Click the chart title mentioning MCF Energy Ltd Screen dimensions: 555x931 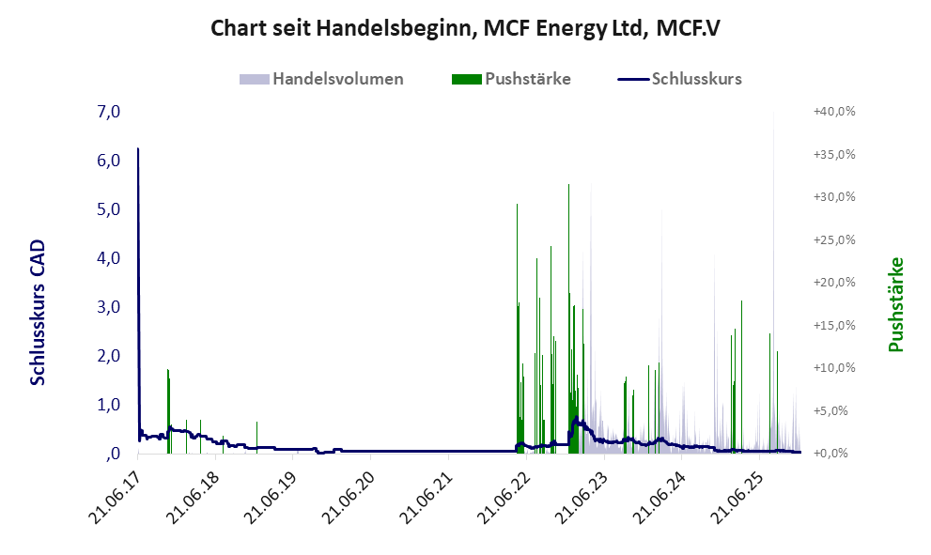coord(465,28)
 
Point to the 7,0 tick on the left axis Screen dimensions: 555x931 coord(108,112)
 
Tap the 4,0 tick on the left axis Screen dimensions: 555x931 coord(108,258)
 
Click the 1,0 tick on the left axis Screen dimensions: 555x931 coord(108,405)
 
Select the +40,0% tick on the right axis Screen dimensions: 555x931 coord(834,112)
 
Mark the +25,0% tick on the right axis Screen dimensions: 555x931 coord(834,239)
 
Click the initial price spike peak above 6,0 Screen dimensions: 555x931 coord(138,149)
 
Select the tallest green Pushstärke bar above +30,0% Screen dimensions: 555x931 coord(568,186)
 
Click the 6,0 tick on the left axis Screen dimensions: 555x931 coord(108,161)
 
